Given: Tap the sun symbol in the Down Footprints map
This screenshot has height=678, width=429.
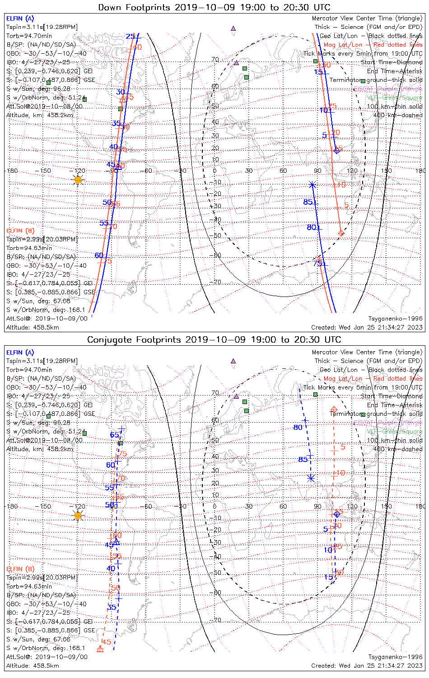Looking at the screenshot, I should coord(78,180).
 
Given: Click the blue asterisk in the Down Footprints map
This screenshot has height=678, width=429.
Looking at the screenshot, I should coord(312,184).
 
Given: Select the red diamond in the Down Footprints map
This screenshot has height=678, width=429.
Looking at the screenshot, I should coord(341,233).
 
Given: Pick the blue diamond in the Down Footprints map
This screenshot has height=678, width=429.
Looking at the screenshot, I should coord(336,150).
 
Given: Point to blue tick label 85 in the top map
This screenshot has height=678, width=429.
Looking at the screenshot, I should coord(308,202).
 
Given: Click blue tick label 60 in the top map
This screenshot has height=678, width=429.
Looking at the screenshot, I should coord(99,255).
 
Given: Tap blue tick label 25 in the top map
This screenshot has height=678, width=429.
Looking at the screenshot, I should coord(130,37).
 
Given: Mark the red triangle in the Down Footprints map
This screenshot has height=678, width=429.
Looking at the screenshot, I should coord(123,100).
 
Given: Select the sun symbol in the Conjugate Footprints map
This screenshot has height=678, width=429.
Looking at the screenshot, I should coord(78,516).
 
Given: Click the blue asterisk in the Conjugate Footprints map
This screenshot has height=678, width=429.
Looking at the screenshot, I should coord(311,478).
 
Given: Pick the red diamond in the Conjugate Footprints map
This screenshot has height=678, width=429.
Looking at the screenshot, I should coord(334,410).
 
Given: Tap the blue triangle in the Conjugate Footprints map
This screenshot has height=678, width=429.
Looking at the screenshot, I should coord(116,542).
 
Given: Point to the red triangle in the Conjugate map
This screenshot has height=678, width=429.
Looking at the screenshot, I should coord(100,649).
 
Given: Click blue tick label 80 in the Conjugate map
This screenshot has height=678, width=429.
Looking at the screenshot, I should coord(298,427).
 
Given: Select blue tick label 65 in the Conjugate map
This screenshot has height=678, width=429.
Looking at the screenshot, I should coord(114,435).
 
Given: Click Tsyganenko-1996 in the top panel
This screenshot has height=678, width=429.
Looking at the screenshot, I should coord(395,319).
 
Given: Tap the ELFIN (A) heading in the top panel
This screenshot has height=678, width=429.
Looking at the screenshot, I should coord(20,19).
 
